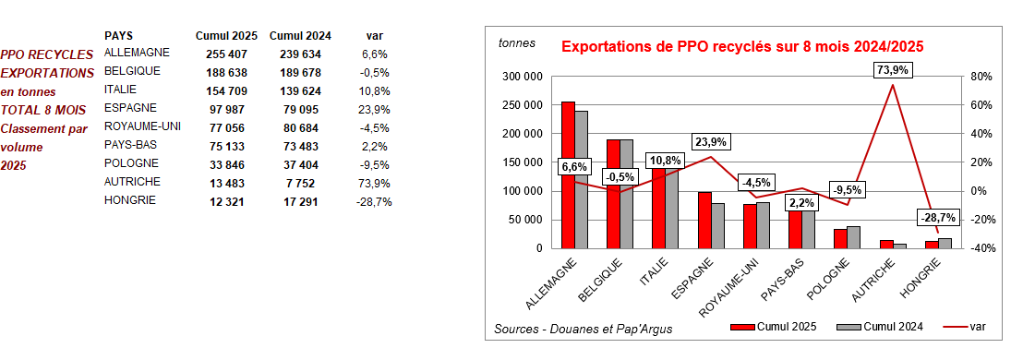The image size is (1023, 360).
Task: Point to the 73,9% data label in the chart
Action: (892, 70)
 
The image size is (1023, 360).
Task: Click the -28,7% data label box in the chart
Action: (938, 218)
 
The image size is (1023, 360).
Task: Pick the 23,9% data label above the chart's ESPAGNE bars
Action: (711, 141)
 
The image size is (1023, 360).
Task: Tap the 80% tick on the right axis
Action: (980, 77)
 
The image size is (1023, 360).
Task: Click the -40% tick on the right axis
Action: (980, 248)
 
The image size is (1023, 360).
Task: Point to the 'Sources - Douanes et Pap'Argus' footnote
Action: (583, 329)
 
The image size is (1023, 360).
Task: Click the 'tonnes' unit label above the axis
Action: (517, 42)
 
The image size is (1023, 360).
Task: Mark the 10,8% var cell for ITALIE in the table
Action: (375, 90)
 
